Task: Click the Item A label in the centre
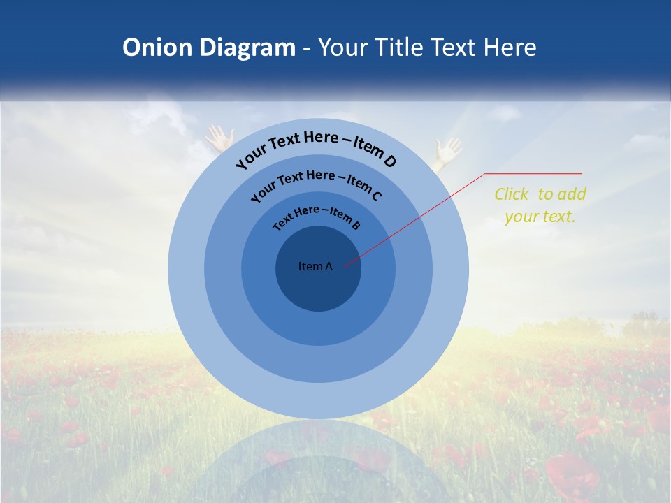(315, 266)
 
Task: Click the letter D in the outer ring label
(389, 162)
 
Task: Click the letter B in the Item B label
(356, 225)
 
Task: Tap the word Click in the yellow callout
(512, 195)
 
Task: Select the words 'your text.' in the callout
(540, 217)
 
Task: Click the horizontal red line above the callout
(533, 174)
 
